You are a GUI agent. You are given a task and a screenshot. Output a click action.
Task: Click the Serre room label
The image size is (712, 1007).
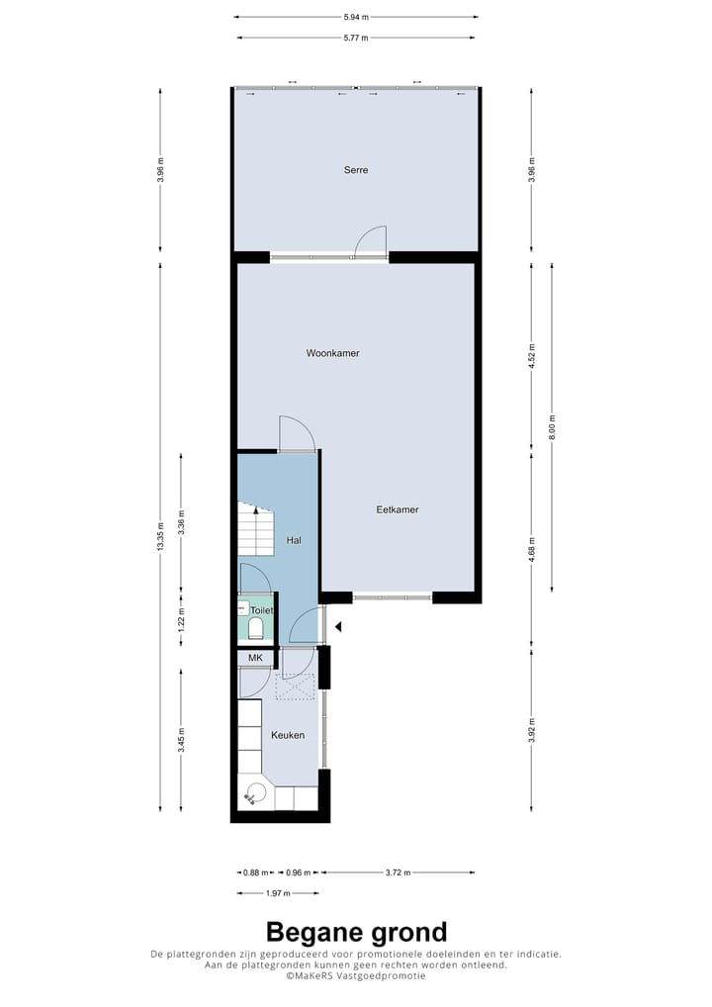click(356, 170)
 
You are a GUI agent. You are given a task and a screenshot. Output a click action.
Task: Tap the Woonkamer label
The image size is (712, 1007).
click(332, 352)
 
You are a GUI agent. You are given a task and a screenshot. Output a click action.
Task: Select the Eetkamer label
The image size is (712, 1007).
click(398, 509)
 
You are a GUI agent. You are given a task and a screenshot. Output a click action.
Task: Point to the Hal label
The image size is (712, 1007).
click(294, 540)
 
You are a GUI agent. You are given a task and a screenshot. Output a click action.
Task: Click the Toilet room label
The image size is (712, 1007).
click(261, 610)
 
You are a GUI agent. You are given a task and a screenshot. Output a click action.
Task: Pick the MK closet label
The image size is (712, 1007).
click(255, 658)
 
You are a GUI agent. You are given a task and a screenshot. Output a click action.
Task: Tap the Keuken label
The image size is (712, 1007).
click(288, 735)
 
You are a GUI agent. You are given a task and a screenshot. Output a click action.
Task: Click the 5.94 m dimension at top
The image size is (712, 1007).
click(356, 17)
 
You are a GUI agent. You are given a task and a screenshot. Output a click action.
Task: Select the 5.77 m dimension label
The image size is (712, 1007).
click(356, 38)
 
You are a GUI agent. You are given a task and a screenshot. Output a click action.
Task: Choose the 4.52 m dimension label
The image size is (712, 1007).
click(532, 357)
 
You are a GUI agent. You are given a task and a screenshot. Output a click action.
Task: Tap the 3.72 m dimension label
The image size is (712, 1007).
click(398, 872)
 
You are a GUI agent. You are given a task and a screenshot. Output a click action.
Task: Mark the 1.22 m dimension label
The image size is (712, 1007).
click(181, 618)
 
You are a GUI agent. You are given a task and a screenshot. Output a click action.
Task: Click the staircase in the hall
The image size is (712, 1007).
click(255, 530)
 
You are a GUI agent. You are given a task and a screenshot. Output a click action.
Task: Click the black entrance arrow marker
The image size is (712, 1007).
click(337, 626)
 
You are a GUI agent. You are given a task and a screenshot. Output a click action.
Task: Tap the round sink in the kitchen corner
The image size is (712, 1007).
click(257, 791)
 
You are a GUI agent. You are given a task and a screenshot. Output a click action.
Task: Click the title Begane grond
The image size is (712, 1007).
click(356, 932)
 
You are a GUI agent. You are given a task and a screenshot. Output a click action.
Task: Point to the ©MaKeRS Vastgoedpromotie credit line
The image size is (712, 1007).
click(356, 975)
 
